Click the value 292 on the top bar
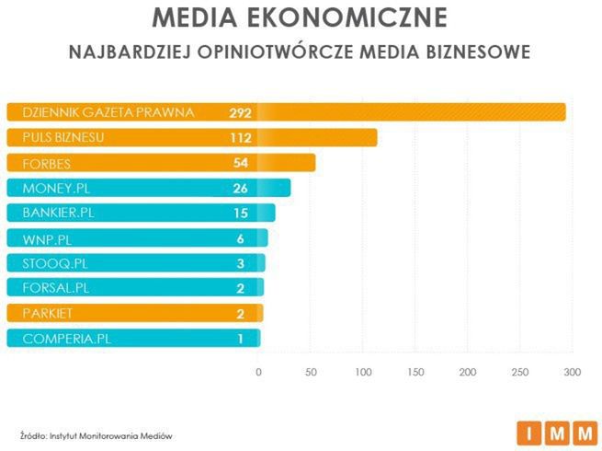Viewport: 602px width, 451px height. click(241, 112)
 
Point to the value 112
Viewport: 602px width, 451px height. click(241, 138)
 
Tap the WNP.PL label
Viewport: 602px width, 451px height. click(46, 237)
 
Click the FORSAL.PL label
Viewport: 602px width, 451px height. click(54, 287)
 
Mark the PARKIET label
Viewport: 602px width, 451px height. click(45, 313)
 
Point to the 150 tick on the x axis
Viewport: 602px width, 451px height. click(415, 372)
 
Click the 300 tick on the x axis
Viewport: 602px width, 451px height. click(573, 372)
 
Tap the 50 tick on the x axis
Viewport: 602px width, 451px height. click(311, 372)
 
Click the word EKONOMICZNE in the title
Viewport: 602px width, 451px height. click(350, 18)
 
